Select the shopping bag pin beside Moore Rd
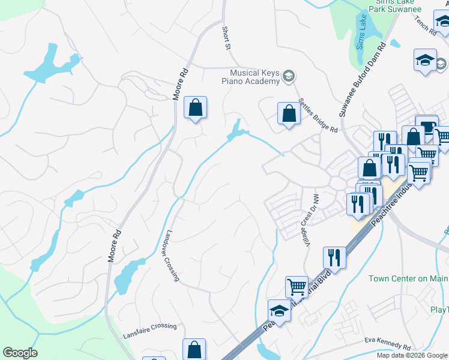pos(195,109)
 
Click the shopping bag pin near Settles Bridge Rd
pos(289,113)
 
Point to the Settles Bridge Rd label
pos(318,116)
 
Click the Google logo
pos(20,353)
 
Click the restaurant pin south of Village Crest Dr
pos(334,257)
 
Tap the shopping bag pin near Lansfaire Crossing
pos(194,349)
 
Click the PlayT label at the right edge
pos(439,310)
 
